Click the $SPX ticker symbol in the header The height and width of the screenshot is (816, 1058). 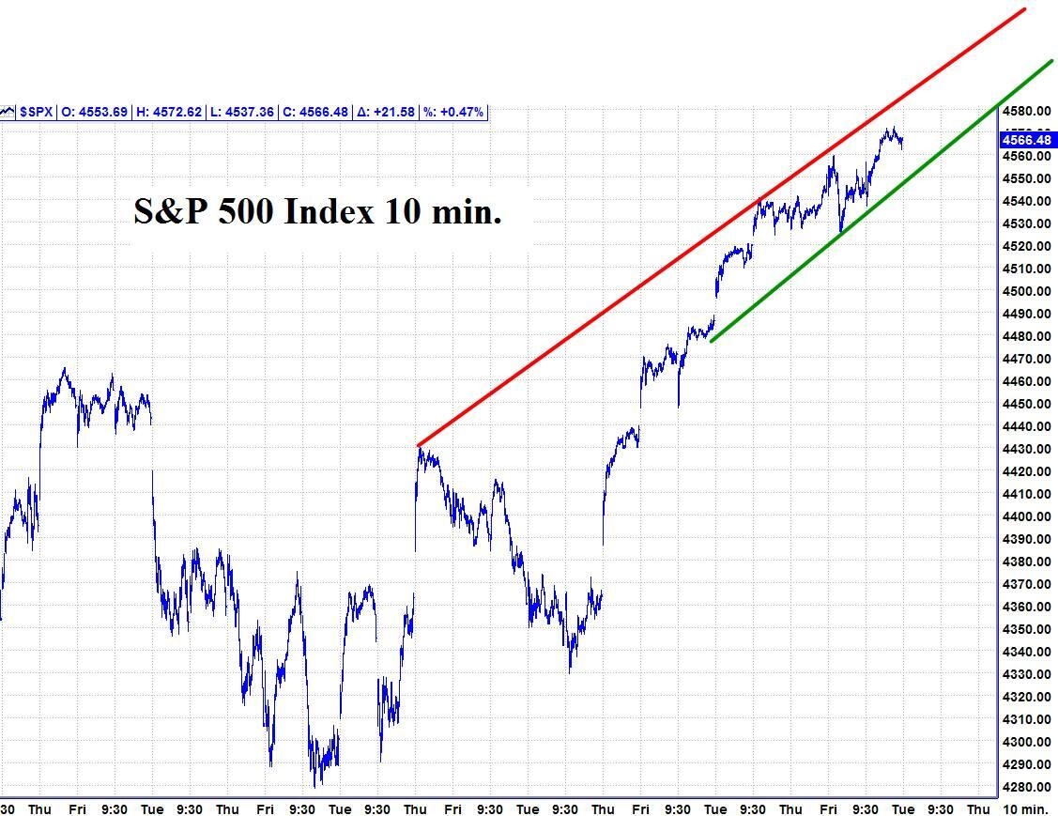tap(37, 112)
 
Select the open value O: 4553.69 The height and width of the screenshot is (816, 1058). tap(94, 112)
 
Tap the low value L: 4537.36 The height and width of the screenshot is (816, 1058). tap(242, 112)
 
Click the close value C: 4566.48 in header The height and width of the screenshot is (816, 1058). tap(315, 112)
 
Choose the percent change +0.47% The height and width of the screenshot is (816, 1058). tap(453, 112)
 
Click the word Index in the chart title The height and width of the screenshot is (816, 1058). tap(329, 211)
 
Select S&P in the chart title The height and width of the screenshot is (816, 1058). tap(169, 211)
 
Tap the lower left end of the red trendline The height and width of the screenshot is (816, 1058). tap(419, 444)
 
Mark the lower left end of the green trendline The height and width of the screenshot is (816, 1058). tap(712, 341)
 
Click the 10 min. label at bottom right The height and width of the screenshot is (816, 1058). tap(1025, 808)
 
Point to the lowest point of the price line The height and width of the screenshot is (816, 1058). tap(318, 785)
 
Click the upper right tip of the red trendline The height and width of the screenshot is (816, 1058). tap(1024, 9)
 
